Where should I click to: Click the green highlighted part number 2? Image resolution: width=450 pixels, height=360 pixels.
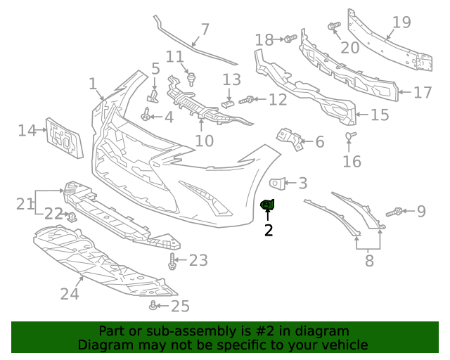267,205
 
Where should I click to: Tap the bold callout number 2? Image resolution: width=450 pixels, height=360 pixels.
268,229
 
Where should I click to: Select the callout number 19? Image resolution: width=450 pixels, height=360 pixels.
401,22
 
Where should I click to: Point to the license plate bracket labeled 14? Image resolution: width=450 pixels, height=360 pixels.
64,138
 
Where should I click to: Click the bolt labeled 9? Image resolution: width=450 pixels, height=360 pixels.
395,211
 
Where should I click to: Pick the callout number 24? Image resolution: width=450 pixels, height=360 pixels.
70,293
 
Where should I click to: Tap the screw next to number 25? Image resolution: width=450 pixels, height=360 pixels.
153,306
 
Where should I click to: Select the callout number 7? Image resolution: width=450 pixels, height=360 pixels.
205,30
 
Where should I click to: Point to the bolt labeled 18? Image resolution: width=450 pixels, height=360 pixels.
288,38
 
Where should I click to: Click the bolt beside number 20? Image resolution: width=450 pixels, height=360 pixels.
333,27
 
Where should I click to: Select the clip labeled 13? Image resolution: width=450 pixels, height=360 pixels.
226,103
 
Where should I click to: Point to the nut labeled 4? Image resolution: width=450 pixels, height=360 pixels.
146,116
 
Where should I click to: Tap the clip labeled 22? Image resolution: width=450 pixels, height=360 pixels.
72,216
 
